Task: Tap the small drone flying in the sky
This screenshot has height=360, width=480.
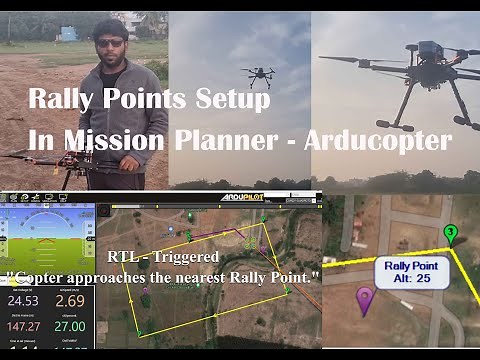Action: (258, 76)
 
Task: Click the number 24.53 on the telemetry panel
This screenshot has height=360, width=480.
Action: (22, 300)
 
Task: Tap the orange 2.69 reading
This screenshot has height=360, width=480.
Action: (69, 300)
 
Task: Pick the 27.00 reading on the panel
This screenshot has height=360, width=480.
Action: (69, 326)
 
